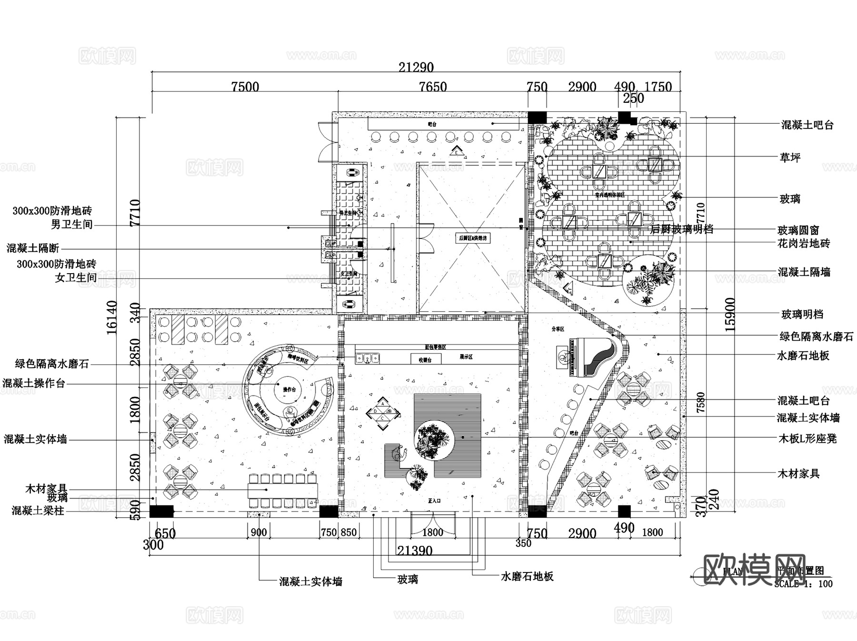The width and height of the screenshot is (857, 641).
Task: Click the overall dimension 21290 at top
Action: point(416,68)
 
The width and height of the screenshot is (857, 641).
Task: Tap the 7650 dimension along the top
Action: point(433,87)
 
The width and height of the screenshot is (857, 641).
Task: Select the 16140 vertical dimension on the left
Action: point(112,317)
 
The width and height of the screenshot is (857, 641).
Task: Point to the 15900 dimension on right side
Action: point(730,315)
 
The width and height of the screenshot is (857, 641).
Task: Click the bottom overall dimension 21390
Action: point(415,551)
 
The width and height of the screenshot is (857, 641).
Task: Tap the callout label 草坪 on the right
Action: point(790,158)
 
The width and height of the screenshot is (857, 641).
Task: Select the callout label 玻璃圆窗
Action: point(798,230)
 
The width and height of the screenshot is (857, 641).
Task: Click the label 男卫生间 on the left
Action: point(72,224)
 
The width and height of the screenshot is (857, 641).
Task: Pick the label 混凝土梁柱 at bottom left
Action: point(38,511)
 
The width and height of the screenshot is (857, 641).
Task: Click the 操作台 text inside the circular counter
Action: point(289,390)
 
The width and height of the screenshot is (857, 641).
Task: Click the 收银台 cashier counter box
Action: point(425,359)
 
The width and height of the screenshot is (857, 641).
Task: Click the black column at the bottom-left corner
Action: point(161,511)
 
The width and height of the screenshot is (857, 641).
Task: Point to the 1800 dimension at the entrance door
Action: point(432,532)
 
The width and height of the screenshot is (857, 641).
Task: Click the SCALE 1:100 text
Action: point(803,584)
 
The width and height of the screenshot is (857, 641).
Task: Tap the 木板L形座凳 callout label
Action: point(807,439)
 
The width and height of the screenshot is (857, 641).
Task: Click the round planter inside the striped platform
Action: point(433,440)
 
